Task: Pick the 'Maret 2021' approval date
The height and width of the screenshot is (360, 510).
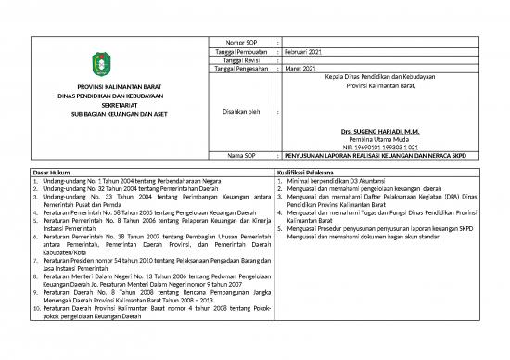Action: (299, 69)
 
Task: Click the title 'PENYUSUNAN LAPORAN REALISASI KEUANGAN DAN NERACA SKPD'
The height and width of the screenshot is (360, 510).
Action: (389, 156)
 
